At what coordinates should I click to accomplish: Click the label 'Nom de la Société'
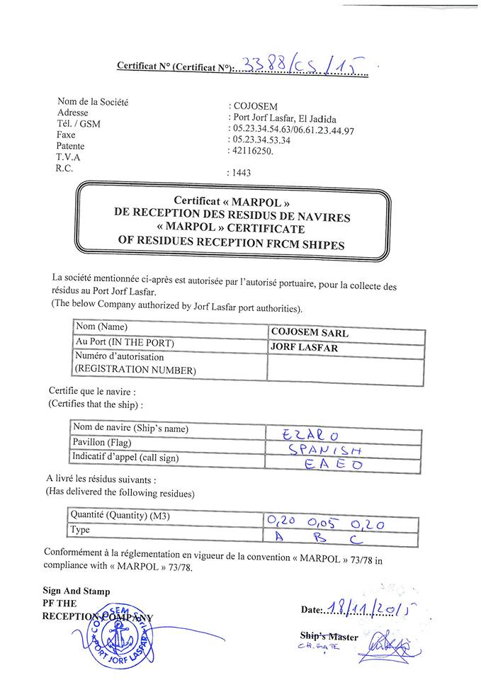(93, 102)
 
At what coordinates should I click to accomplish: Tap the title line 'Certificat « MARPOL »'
(233, 200)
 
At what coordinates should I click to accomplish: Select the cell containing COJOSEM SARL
(346, 332)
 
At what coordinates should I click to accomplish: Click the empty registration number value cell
(346, 366)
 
